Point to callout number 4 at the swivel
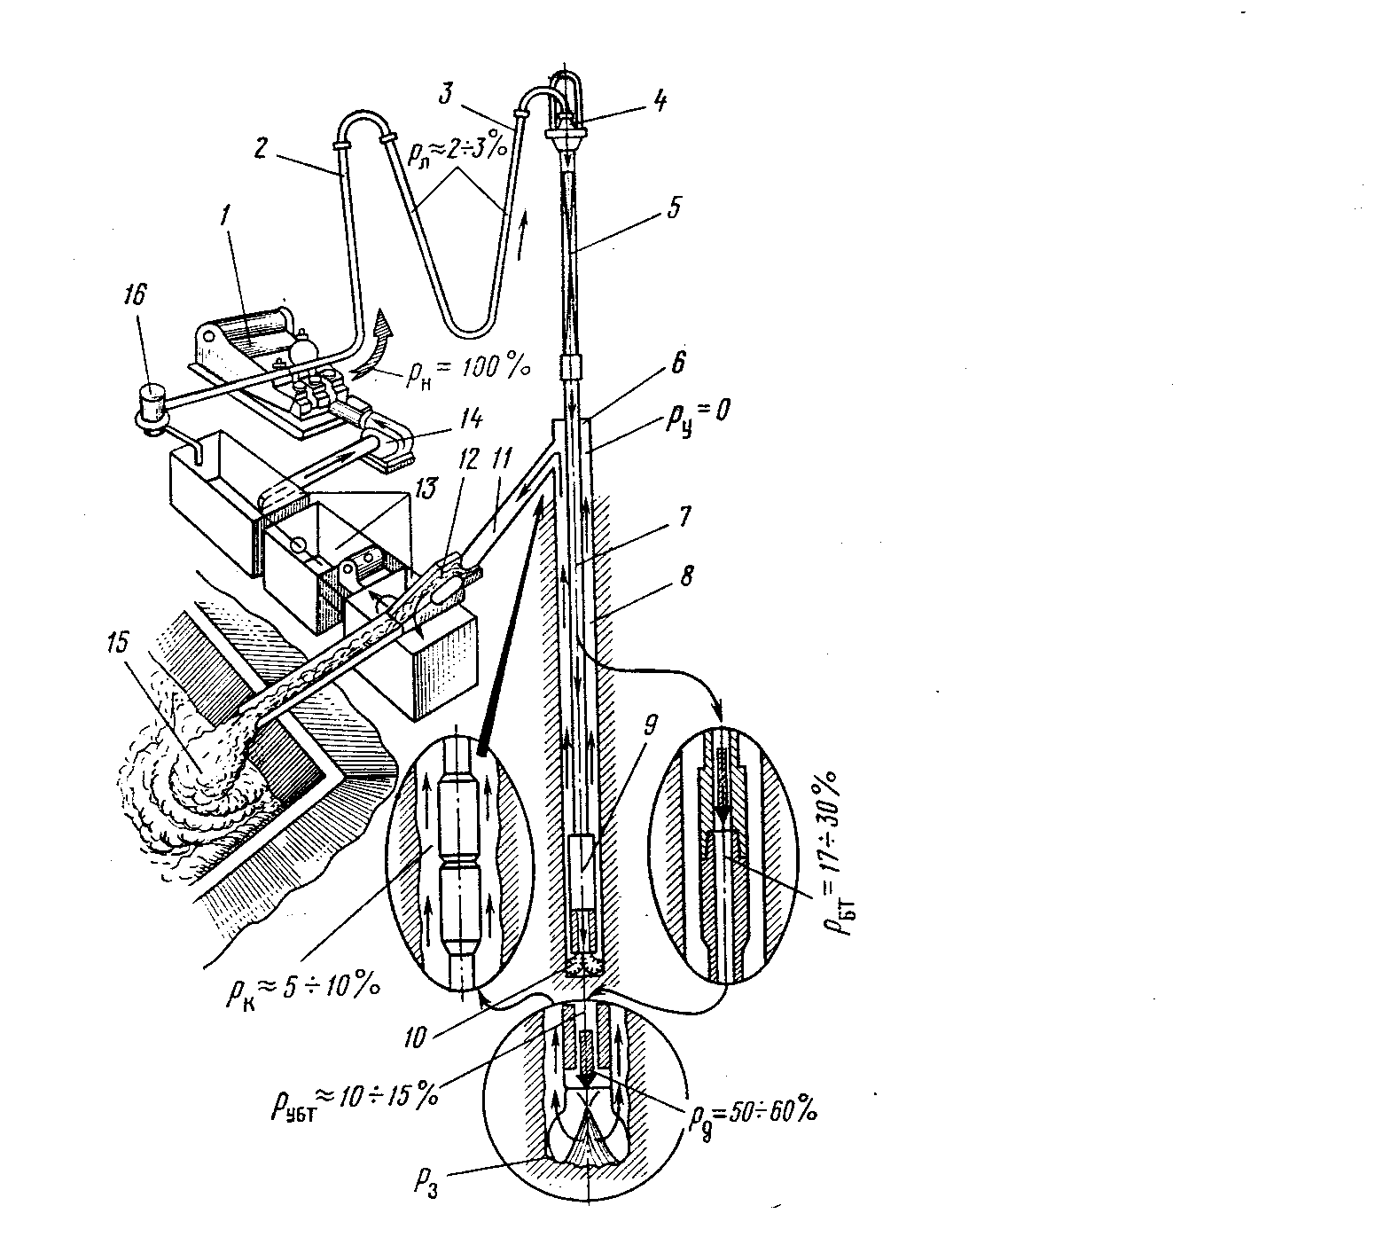pos(657,100)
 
